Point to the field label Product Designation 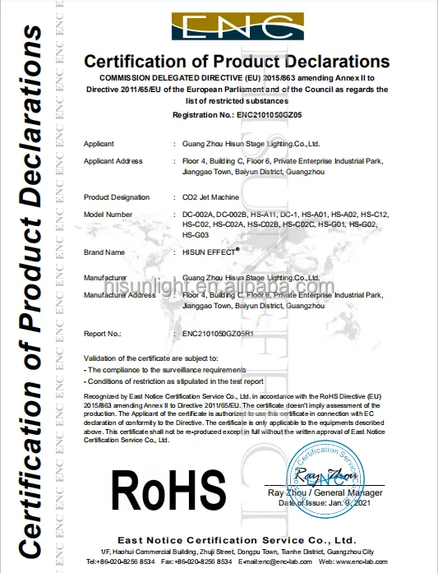[x=120, y=197]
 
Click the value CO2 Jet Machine [x=210, y=197]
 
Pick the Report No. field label [x=103, y=334]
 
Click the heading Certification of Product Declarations [x=233, y=62]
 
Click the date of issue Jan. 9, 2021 [x=338, y=502]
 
